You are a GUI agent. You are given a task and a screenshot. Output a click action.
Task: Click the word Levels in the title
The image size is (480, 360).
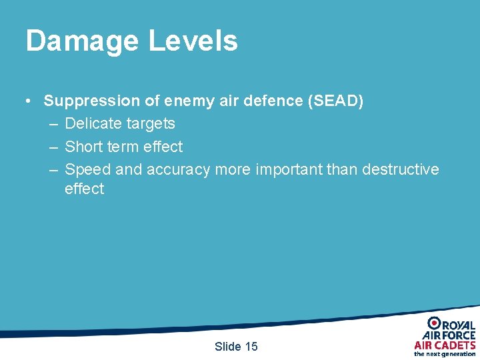point(193,41)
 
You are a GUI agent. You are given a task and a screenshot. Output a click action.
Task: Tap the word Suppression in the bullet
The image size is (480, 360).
point(92,101)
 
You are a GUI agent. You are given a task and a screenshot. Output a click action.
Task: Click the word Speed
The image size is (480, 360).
point(87,169)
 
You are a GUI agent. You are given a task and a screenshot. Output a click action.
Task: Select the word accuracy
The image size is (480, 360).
point(178,170)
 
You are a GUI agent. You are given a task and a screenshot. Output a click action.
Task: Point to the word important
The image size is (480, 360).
point(289,169)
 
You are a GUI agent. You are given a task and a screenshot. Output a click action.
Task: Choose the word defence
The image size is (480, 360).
point(265,101)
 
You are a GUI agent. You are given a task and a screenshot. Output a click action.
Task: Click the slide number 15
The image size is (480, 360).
point(251,346)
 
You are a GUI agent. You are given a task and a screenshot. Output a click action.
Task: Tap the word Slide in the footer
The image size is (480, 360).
point(227,346)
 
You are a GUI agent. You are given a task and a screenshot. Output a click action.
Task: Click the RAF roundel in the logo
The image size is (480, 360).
point(434,323)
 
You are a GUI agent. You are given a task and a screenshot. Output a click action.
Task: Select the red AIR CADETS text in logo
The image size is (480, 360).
point(445,345)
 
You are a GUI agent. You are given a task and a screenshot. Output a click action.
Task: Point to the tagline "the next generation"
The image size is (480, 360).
point(445,354)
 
